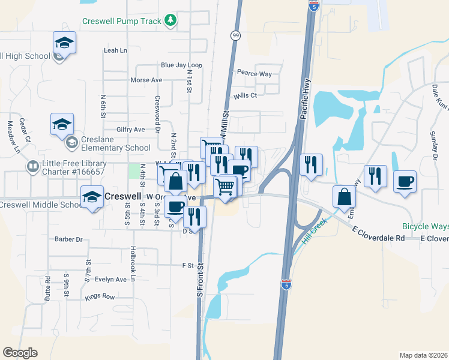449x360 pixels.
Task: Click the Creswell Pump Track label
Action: point(121,22)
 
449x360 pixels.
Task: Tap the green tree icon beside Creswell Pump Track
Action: point(171,21)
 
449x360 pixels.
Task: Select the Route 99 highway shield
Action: point(235,35)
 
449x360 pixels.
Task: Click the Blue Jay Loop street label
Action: point(181,65)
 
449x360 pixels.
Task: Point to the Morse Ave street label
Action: point(146,80)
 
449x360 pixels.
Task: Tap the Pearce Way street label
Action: point(254,74)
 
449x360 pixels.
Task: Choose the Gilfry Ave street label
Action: point(131,129)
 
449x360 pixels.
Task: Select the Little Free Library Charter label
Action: point(75,167)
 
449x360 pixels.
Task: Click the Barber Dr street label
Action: point(68,239)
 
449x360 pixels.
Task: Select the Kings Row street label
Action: point(100,296)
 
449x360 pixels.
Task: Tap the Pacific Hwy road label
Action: point(304,105)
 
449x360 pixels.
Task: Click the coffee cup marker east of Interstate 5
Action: point(405,181)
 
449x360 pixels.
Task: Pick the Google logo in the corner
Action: point(20,353)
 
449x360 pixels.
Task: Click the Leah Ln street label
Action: point(115,50)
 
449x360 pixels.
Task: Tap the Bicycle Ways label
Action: point(426,227)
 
